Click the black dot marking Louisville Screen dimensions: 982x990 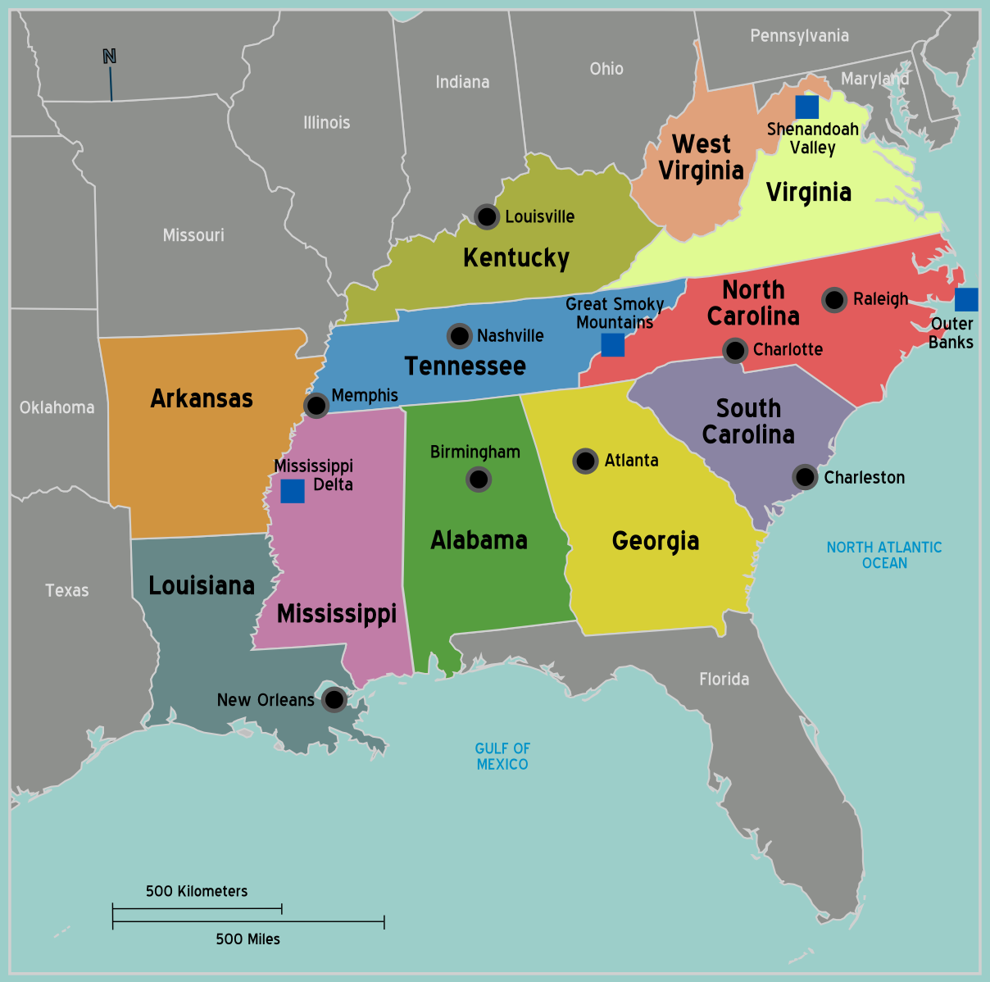click(x=487, y=216)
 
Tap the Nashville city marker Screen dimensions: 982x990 click(x=460, y=335)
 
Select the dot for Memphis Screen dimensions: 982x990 click(x=316, y=404)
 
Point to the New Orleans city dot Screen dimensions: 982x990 click(x=334, y=699)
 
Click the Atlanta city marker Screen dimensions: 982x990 click(x=585, y=461)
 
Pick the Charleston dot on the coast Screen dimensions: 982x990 click(x=805, y=476)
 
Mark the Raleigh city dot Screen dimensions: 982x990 click(x=834, y=299)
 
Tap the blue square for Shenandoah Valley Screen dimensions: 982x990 click(x=806, y=107)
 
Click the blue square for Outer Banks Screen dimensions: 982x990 click(x=966, y=299)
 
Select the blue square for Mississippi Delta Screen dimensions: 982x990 click(x=293, y=491)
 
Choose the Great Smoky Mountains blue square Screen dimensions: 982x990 click(x=612, y=345)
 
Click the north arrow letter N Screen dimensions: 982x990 click(x=109, y=57)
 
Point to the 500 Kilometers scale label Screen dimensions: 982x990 click(x=197, y=891)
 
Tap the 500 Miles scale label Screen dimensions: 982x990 click(x=247, y=939)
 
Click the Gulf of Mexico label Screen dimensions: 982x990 click(x=502, y=756)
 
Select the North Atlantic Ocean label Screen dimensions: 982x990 click(x=884, y=555)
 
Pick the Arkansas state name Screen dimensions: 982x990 click(x=202, y=398)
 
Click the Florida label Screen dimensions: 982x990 click(x=724, y=679)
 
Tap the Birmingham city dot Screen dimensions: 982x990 click(x=479, y=479)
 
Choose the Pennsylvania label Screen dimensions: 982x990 click(x=799, y=36)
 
